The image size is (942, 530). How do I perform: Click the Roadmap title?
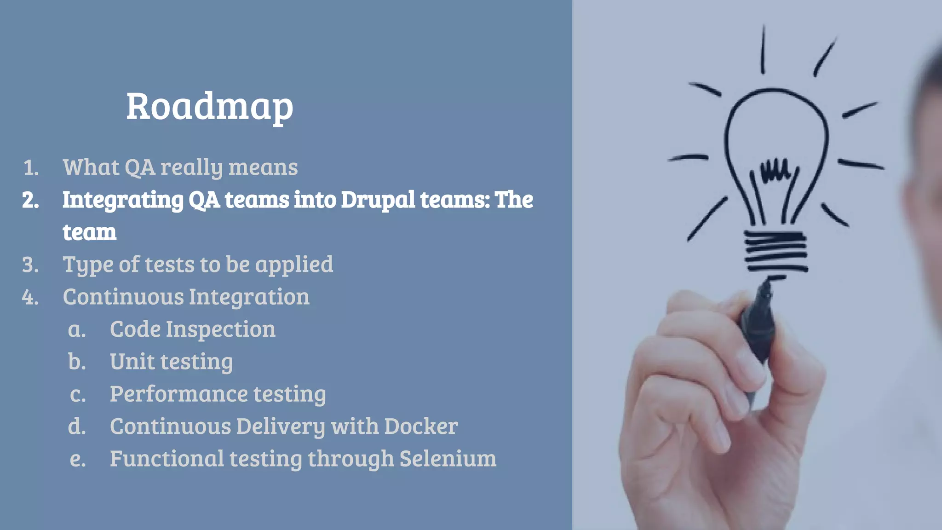point(210,107)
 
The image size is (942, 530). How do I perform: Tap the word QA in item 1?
point(140,167)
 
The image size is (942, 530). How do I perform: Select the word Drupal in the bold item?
point(378,200)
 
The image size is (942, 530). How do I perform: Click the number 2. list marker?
point(30,200)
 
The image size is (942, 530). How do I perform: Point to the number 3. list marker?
point(30,265)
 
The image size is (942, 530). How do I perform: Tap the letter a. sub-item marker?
point(77,330)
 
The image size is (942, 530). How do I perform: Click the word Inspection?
point(220,330)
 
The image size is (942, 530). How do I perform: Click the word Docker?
point(421,426)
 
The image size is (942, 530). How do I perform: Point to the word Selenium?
point(448,459)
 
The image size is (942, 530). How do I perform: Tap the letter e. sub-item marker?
point(78,459)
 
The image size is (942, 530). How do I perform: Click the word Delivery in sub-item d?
point(280,427)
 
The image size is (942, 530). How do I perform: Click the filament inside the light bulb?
point(775,171)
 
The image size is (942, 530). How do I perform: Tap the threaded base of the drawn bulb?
point(775,251)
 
